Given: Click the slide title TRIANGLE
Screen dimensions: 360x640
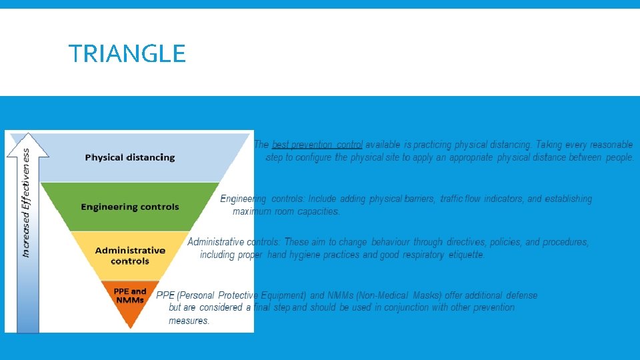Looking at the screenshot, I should [127, 53].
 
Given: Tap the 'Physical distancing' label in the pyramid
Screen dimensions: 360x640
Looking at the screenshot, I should [130, 157].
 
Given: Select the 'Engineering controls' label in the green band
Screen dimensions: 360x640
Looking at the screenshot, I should [130, 207].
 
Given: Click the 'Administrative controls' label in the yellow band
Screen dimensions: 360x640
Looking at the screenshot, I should [130, 255].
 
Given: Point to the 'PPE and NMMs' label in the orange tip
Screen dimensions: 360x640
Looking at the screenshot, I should [130, 295].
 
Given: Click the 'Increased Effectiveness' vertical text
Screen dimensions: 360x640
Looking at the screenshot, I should [26, 203].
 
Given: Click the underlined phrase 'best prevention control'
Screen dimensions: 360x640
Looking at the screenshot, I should [317, 145].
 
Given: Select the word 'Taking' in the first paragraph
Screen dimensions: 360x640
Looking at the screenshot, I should [550, 145].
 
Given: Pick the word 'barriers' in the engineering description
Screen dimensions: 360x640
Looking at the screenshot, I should [420, 199].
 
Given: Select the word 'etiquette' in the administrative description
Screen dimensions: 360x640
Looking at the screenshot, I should [467, 255].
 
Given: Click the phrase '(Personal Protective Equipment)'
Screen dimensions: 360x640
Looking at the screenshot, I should [242, 295].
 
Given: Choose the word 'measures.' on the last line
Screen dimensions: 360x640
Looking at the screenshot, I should [189, 321].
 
